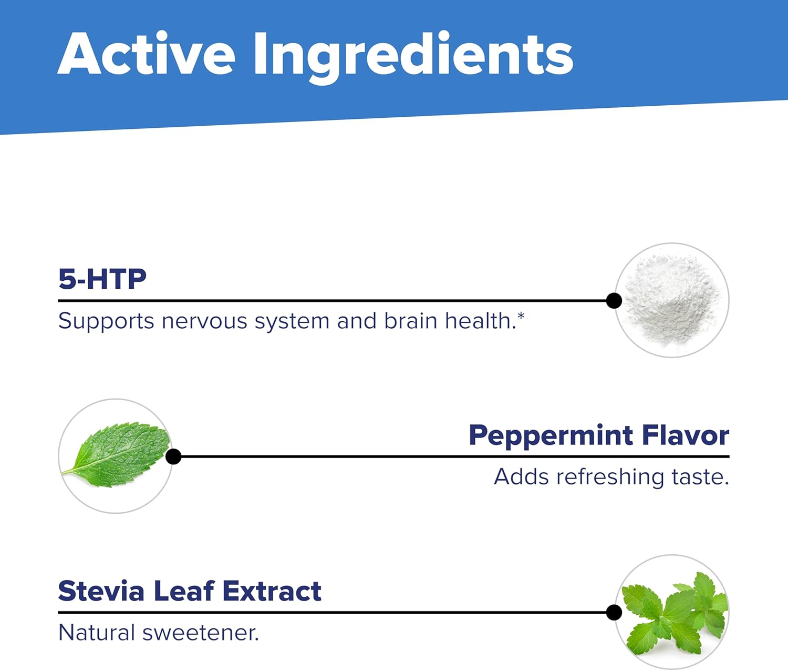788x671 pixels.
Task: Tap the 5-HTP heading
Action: point(102,279)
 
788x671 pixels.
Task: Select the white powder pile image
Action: point(672,300)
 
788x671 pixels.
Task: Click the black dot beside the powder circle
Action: point(614,301)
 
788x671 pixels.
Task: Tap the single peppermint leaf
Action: point(117,455)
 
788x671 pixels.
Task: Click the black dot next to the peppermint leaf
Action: point(173,456)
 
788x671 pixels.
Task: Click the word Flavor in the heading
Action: point(686,435)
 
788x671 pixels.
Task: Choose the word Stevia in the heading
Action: point(101,591)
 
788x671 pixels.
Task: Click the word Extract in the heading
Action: point(272,591)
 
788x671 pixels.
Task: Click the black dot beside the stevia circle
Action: point(614,613)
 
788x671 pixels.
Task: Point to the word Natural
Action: point(97,633)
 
